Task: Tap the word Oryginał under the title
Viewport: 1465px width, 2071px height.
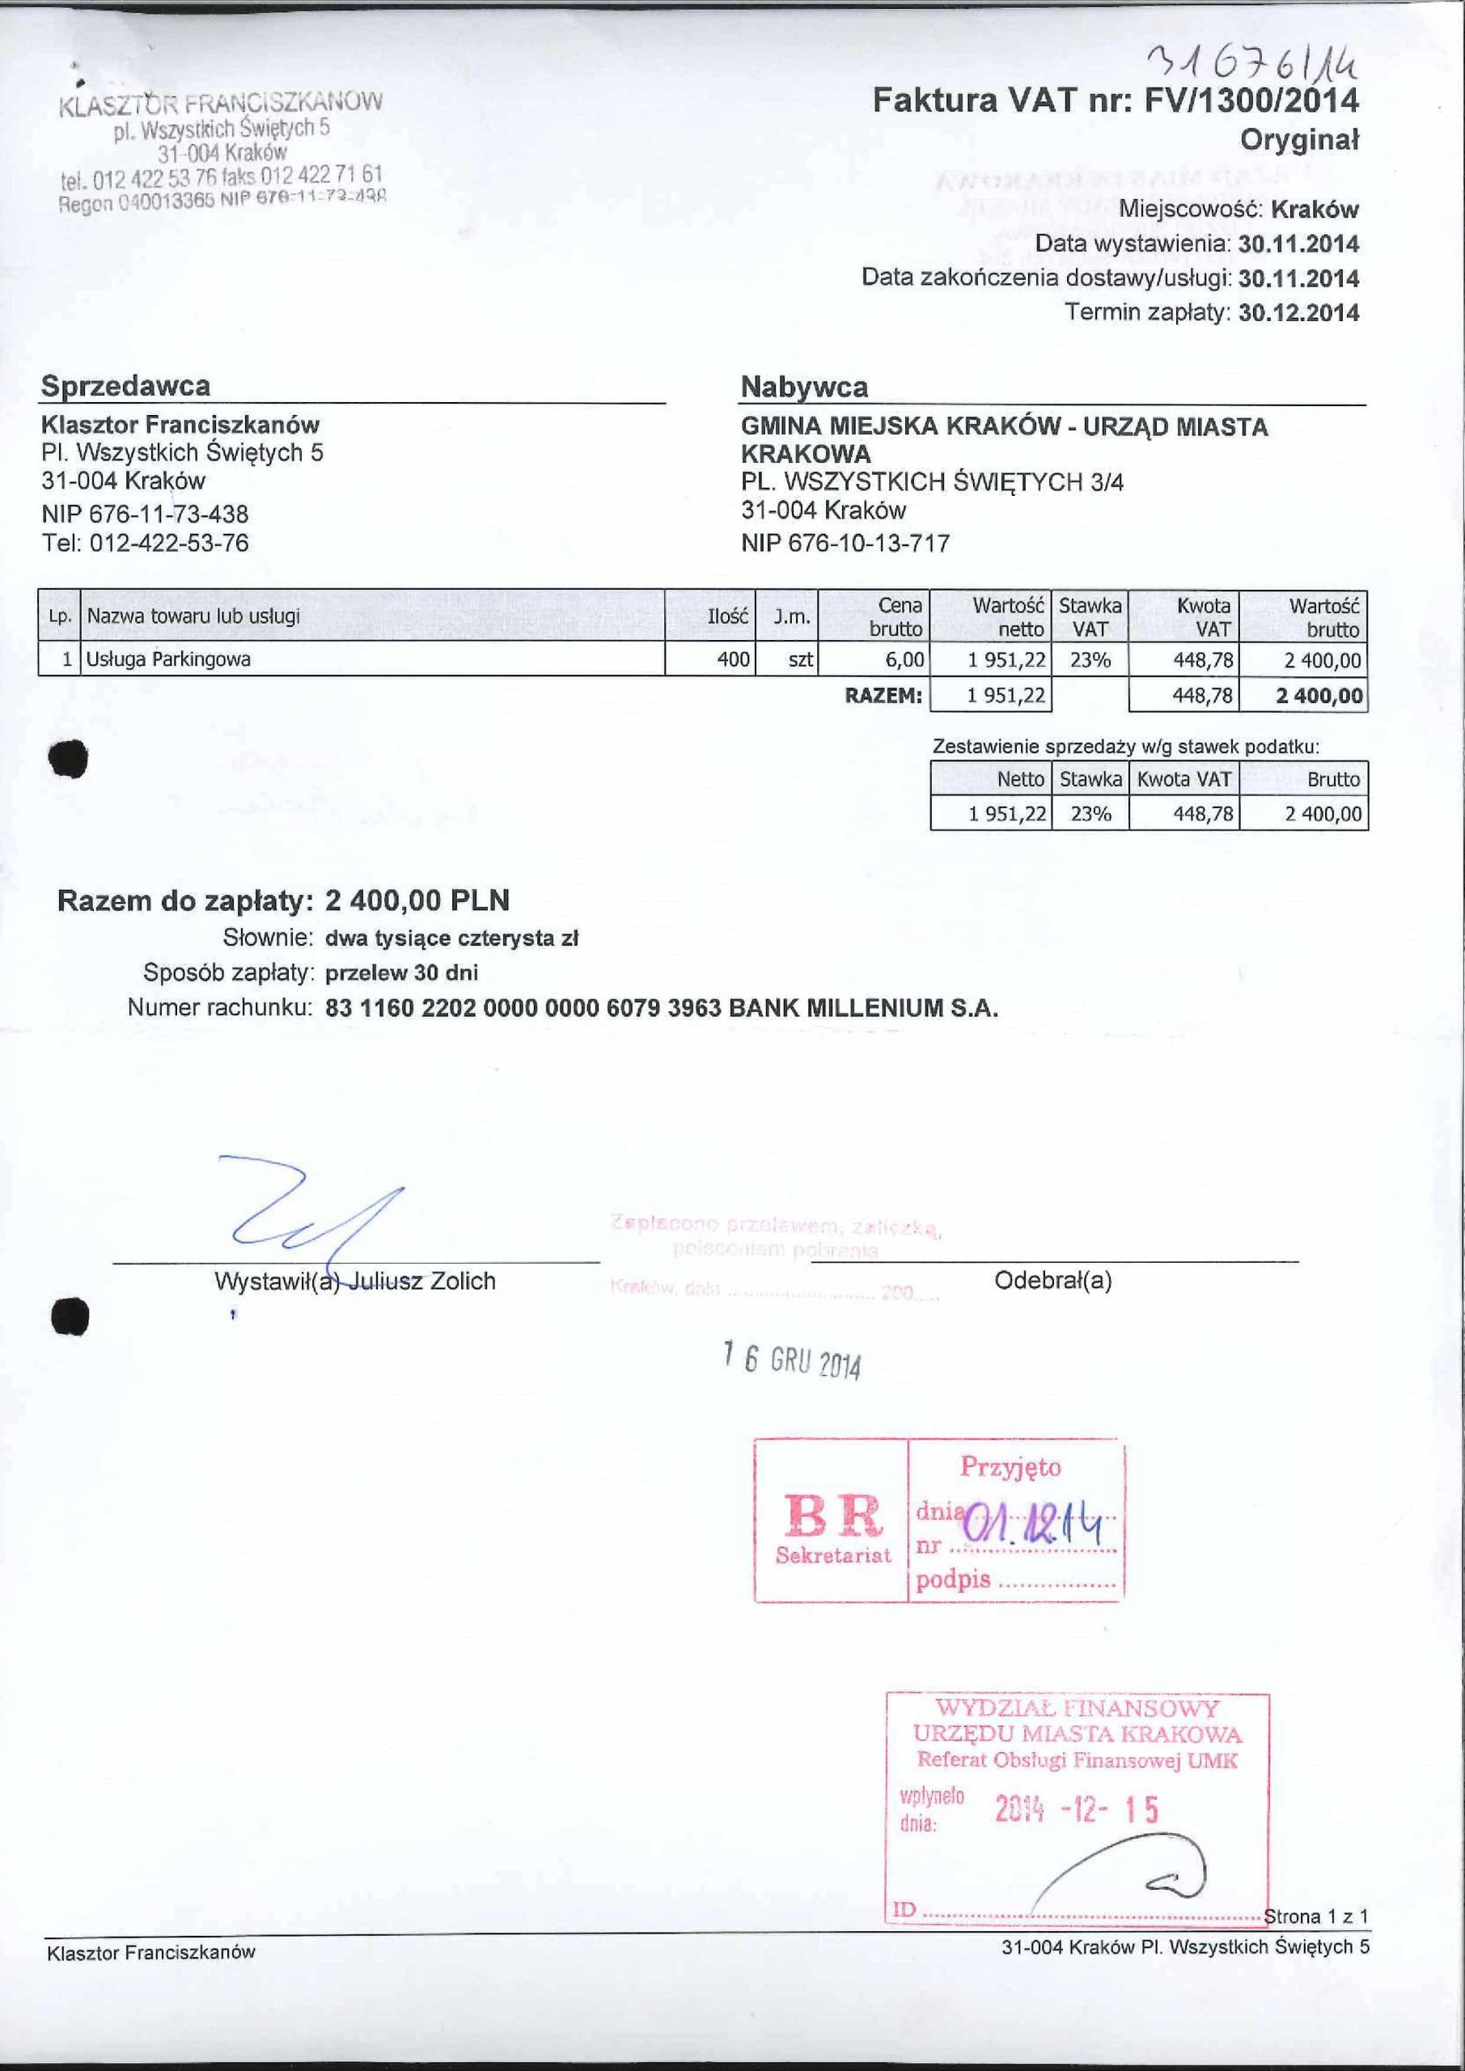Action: point(1299,140)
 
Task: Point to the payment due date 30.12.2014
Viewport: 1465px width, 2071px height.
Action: point(1298,313)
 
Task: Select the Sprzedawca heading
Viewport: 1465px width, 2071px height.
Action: point(125,386)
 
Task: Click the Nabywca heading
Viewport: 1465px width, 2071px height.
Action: point(804,388)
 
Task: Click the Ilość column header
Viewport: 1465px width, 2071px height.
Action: point(728,617)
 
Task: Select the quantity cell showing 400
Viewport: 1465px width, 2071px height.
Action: point(733,659)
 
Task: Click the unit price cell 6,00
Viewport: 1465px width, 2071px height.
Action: point(904,659)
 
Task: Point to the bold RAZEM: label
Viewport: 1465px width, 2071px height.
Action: point(883,696)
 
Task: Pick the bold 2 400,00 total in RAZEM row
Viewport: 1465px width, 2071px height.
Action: point(1318,696)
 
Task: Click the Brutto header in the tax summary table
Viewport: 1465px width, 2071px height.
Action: point(1333,779)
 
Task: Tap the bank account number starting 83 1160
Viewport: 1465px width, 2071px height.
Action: point(523,1007)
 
